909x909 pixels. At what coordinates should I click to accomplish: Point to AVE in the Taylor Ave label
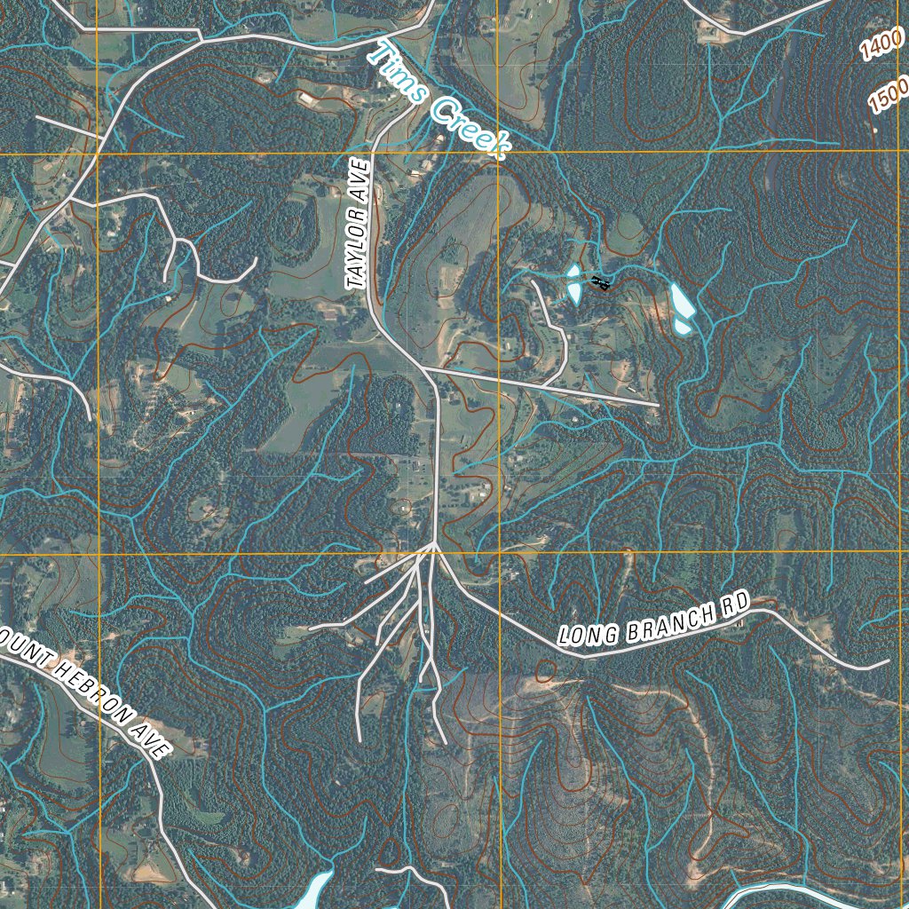pos(360,177)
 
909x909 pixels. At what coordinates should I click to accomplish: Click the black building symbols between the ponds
pos(600,283)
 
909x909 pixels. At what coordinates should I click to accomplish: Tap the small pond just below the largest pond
pos(682,327)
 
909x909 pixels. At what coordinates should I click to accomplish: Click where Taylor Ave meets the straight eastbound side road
pos(422,366)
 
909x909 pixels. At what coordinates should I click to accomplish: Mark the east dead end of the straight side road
pos(658,405)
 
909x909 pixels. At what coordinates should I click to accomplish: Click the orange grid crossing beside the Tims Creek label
pos(498,153)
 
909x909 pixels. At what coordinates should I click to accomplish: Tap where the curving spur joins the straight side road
pos(542,384)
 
